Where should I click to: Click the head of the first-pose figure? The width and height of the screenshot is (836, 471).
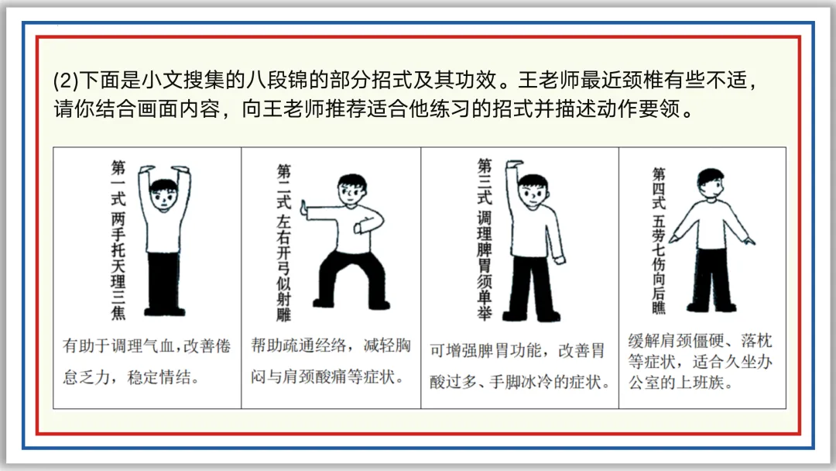tap(163, 195)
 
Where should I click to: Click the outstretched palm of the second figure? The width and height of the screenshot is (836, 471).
tap(306, 209)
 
